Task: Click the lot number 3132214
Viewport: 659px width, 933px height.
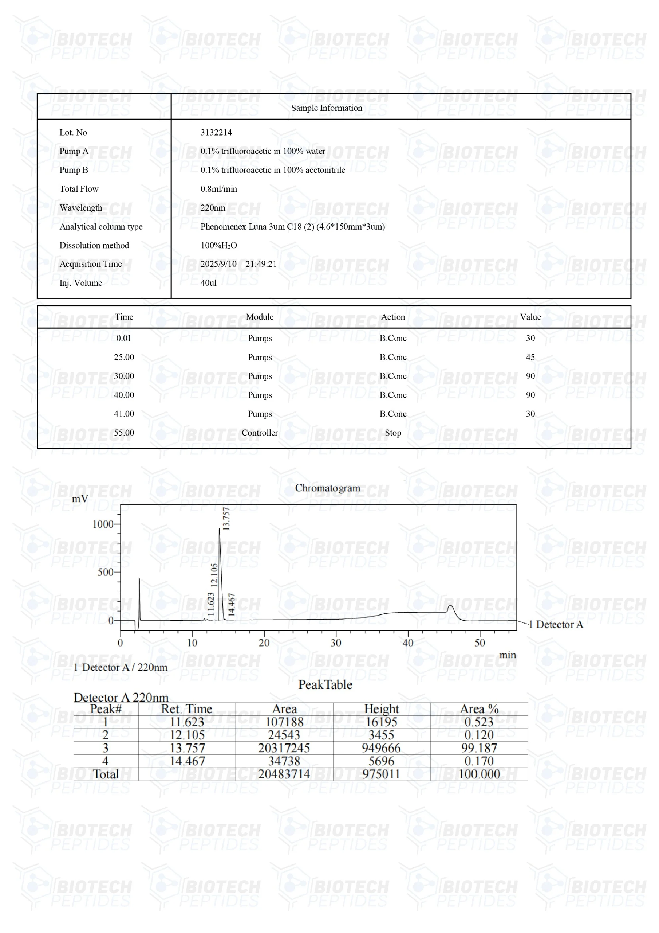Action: pos(216,132)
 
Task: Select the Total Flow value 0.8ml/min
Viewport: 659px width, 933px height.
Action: pos(218,189)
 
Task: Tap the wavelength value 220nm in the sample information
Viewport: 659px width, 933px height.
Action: pos(212,208)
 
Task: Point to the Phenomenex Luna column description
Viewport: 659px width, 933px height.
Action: pos(292,227)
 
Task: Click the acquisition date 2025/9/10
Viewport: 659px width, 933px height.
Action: pos(218,264)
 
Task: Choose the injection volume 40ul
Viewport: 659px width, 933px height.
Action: pos(208,283)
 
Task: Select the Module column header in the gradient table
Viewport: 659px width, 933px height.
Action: pos(260,317)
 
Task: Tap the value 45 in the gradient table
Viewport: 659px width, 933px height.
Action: pos(530,357)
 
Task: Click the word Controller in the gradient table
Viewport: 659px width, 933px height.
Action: pos(260,433)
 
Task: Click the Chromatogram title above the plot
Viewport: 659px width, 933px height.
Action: pos(327,488)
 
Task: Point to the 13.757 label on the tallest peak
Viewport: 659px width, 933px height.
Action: pos(226,519)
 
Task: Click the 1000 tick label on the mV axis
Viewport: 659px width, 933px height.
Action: pos(103,524)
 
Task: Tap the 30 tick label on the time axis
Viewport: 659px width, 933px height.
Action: pos(336,643)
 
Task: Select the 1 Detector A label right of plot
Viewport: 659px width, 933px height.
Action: pos(556,625)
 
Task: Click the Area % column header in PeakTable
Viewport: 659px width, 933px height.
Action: pos(479,709)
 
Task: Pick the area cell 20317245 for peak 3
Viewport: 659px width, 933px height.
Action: pos(284,748)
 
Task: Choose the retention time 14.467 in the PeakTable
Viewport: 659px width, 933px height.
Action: pos(187,761)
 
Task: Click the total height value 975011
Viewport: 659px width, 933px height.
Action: pos(381,774)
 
